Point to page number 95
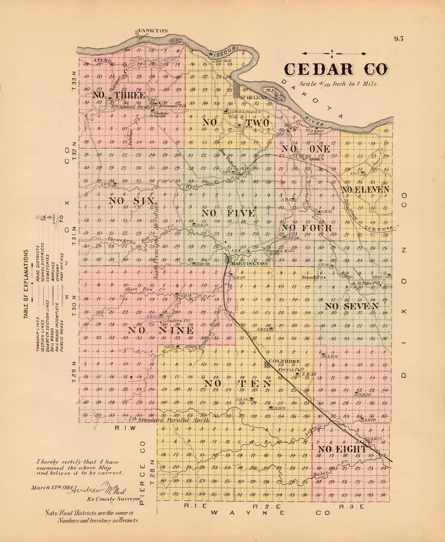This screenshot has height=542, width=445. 399,39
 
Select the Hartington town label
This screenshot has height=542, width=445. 249,264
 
